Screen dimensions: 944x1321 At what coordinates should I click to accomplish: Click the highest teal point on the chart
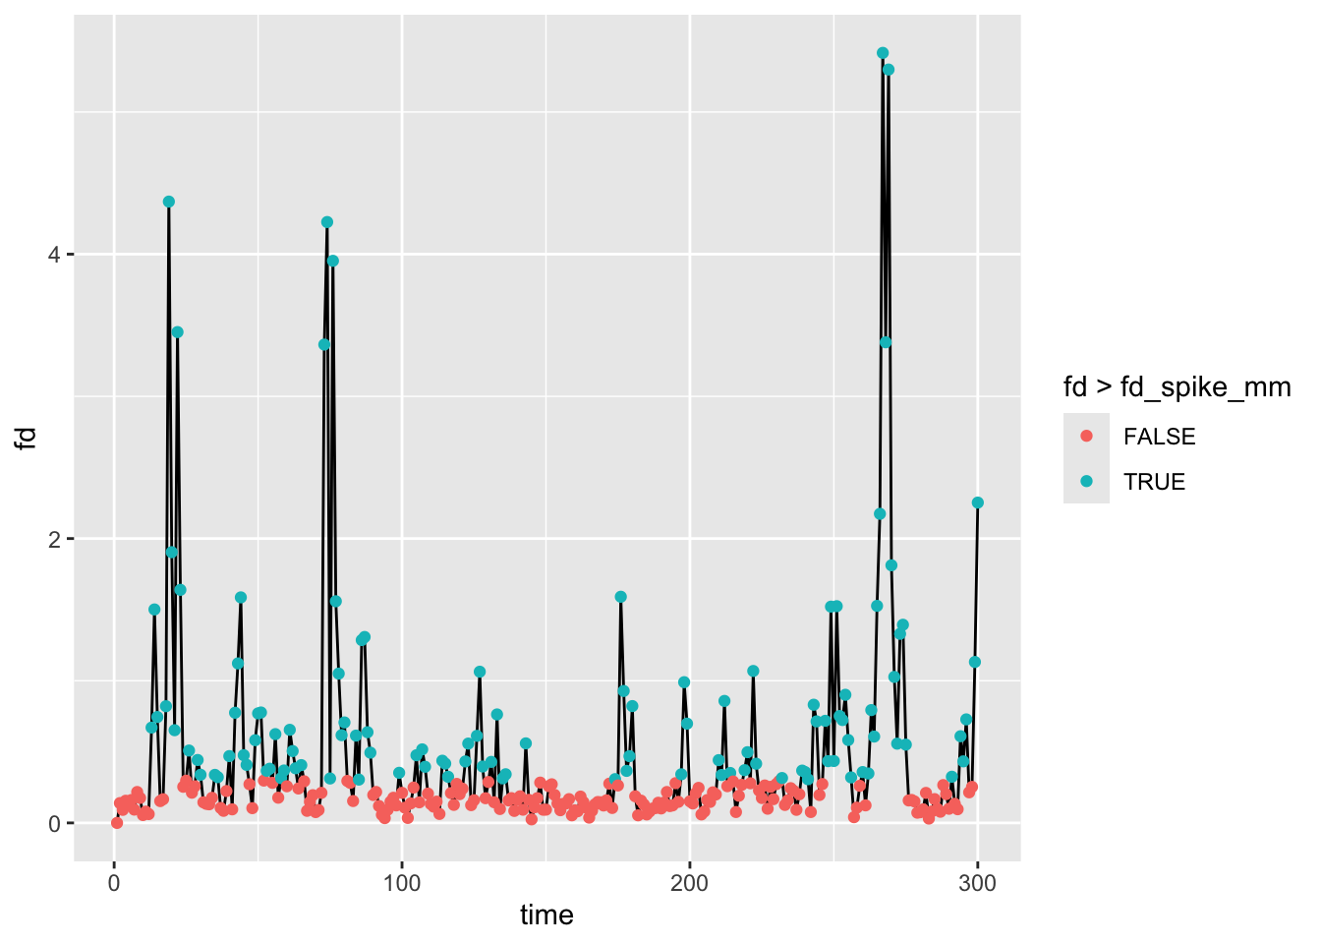(882, 53)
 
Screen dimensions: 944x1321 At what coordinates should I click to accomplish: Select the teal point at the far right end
(977, 502)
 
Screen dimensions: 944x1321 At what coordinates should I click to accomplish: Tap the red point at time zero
(117, 822)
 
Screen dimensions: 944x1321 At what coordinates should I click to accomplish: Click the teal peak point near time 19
(169, 202)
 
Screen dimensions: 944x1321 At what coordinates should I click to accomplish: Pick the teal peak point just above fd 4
(327, 222)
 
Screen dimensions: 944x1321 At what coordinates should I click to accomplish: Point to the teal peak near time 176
(620, 597)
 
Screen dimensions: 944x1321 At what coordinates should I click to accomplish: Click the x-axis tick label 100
(402, 883)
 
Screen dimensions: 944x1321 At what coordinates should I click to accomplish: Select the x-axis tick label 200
(689, 883)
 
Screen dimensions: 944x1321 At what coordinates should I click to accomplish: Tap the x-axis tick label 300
(977, 883)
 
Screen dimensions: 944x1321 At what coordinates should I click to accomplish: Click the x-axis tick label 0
(114, 883)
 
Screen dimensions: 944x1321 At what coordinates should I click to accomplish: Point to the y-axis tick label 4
(55, 255)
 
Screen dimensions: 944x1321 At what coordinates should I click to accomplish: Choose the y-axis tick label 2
(55, 539)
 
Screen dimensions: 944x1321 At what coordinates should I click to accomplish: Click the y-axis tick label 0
(55, 823)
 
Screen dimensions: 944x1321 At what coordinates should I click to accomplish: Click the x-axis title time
(546, 915)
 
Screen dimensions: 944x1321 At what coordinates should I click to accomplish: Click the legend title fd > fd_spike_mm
(1177, 387)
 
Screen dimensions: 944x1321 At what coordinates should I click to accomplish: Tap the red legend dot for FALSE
(1086, 436)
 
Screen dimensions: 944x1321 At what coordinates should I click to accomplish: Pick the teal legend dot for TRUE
(1086, 481)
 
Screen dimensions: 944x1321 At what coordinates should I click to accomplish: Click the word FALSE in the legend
(1159, 437)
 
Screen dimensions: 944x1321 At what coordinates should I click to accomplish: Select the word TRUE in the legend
(1154, 482)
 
